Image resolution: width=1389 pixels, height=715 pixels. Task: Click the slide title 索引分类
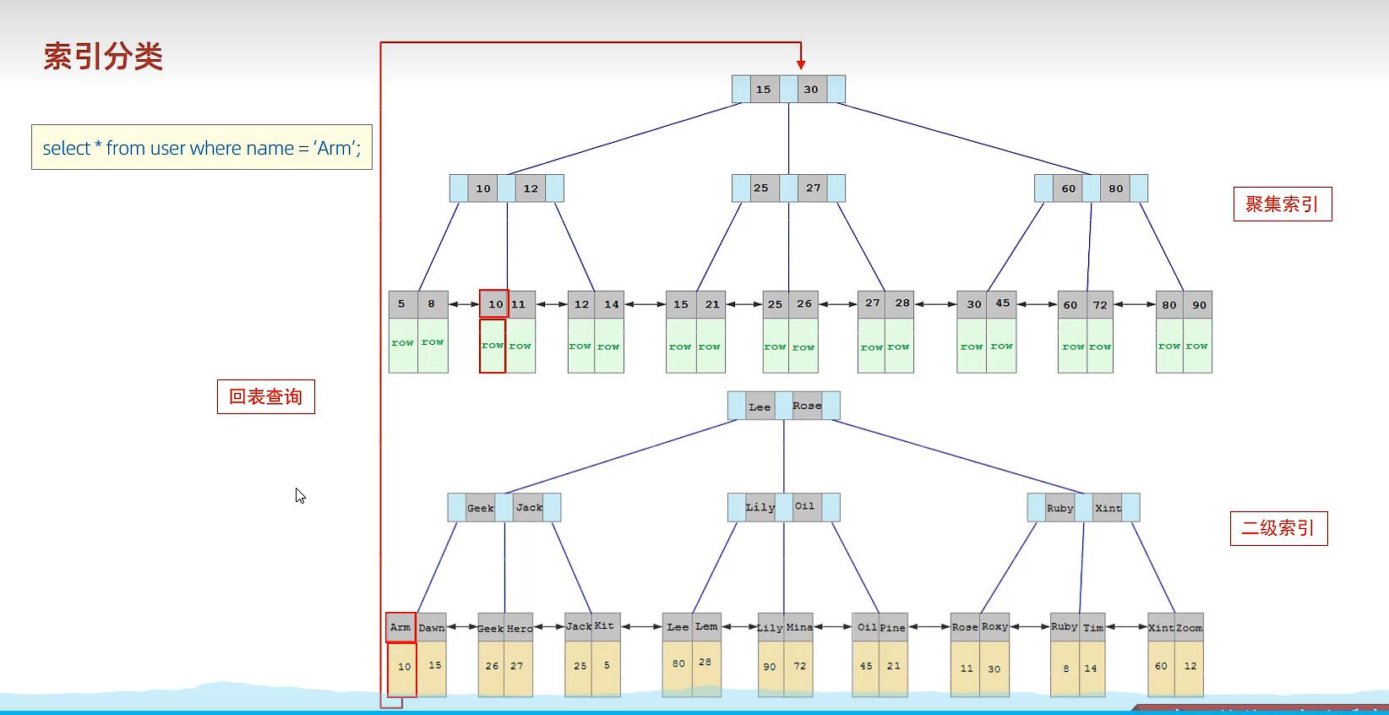(x=103, y=57)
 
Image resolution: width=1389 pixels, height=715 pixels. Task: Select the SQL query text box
(x=201, y=148)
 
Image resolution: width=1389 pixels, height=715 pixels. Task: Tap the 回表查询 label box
(x=265, y=396)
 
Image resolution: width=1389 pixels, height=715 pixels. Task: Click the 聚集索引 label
(x=1282, y=204)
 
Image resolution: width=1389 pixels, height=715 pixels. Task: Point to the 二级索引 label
(x=1277, y=528)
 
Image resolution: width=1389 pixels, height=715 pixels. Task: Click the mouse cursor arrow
(x=300, y=495)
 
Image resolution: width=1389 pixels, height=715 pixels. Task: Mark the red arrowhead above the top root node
(x=801, y=64)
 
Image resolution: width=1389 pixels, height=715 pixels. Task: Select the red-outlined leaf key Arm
(x=400, y=627)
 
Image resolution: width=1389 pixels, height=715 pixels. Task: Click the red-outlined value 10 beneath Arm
(x=403, y=667)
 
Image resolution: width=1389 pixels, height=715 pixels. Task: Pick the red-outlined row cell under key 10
(x=493, y=345)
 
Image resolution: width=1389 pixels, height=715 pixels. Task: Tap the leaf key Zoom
(x=1189, y=628)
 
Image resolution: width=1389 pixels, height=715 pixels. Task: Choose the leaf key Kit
(x=605, y=626)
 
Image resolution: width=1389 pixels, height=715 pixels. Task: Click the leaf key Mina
(x=799, y=627)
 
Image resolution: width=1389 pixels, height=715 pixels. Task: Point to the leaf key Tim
(x=1093, y=627)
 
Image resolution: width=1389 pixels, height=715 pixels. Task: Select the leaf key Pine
(x=893, y=627)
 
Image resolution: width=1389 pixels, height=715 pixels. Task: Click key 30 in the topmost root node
(x=811, y=90)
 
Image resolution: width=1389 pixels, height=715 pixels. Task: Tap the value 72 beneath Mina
(x=799, y=666)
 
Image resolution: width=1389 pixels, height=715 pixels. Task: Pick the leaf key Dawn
(x=432, y=627)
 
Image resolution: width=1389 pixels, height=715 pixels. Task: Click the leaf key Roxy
(x=994, y=627)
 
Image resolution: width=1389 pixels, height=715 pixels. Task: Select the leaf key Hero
(x=520, y=628)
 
